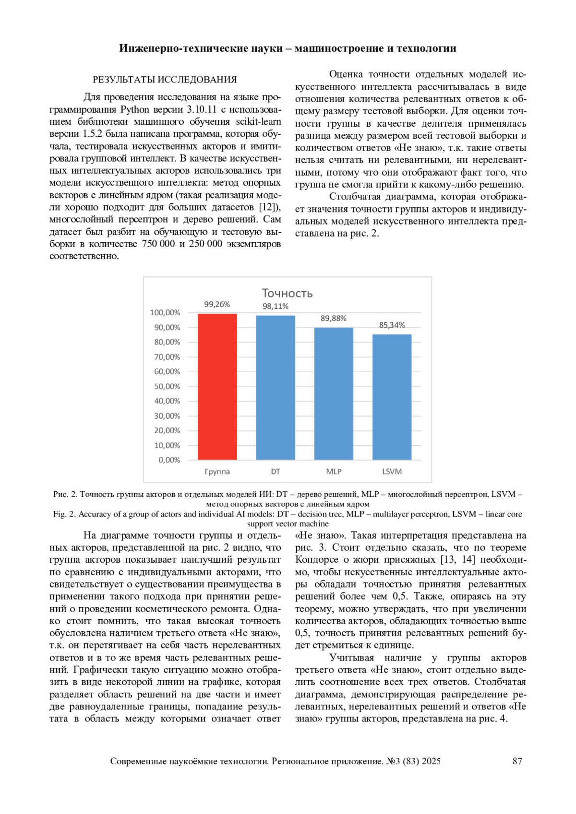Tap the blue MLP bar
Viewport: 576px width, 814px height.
pyautogui.click(x=334, y=394)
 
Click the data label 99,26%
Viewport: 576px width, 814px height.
pyautogui.click(x=217, y=305)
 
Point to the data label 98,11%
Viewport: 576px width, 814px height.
pyautogui.click(x=276, y=307)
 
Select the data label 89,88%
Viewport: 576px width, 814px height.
pyautogui.click(x=334, y=319)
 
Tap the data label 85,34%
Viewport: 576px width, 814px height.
pyautogui.click(x=392, y=325)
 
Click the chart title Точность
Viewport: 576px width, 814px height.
pyautogui.click(x=287, y=293)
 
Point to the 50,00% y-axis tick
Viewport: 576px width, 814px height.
pyautogui.click(x=167, y=387)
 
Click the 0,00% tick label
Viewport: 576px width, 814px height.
pyautogui.click(x=169, y=460)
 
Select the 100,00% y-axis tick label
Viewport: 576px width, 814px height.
pyautogui.click(x=165, y=313)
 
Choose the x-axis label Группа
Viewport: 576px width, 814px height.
pyautogui.click(x=217, y=472)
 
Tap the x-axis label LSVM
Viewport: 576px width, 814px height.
pyautogui.click(x=392, y=472)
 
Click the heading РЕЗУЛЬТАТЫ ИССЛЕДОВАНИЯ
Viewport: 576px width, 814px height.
pyautogui.click(x=165, y=80)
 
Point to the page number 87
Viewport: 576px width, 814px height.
pyautogui.click(x=517, y=761)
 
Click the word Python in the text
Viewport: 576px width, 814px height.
pyautogui.click(x=135, y=110)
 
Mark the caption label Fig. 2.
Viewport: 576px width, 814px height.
pyautogui.click(x=64, y=514)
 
